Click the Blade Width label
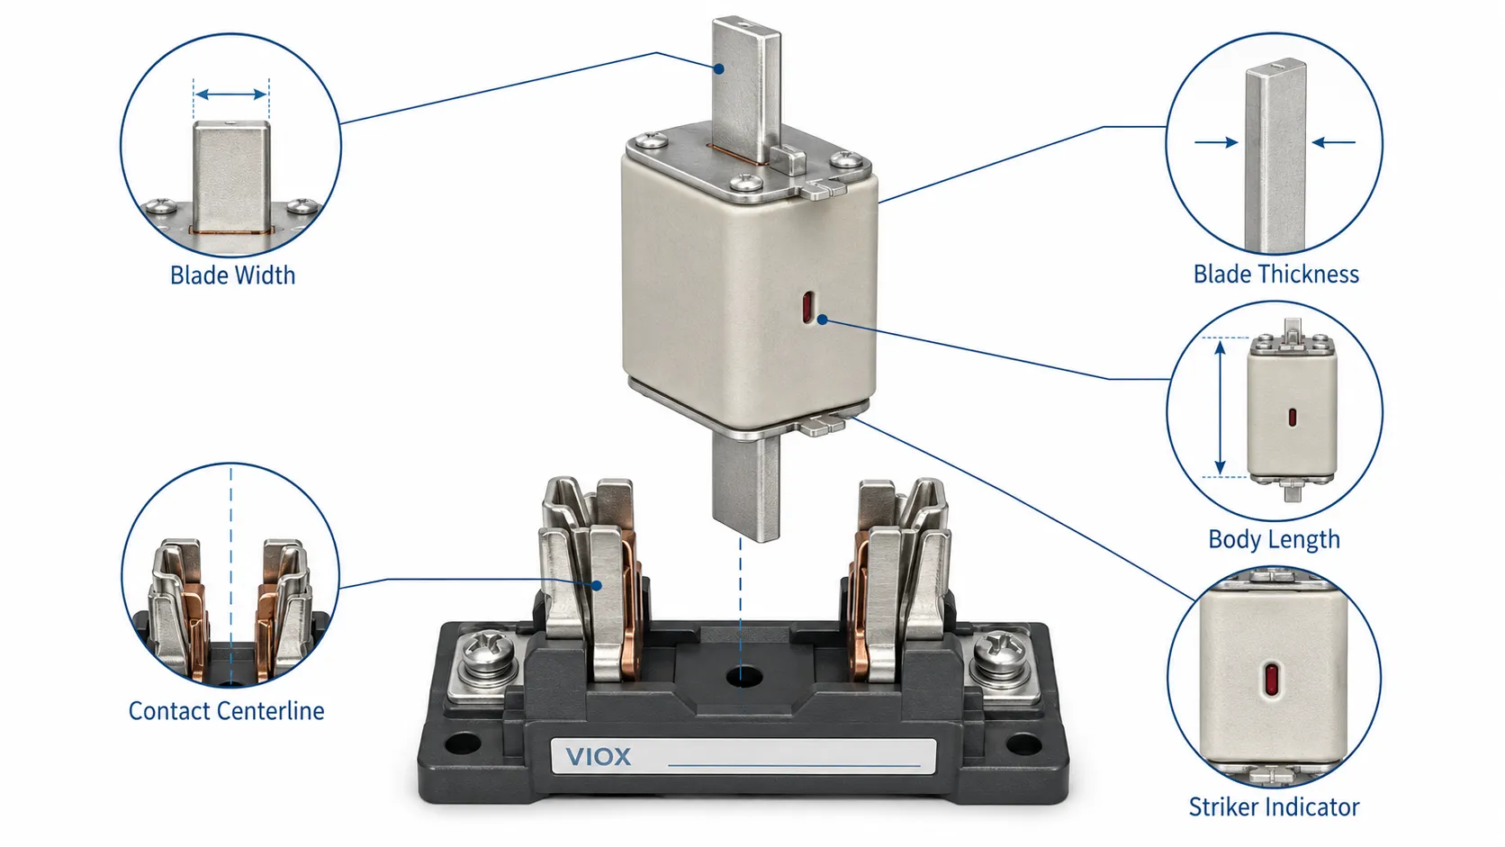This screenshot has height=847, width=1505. tap(232, 275)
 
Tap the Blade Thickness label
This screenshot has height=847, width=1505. tap(1275, 274)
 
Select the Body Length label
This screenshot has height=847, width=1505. tap(1274, 539)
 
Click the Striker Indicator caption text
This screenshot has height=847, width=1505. tap(1274, 806)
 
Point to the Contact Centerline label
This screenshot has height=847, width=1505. tap(227, 711)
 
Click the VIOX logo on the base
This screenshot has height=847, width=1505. tap(598, 757)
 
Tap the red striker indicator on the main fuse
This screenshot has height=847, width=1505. tap(807, 307)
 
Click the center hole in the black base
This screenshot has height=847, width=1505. tap(743, 676)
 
